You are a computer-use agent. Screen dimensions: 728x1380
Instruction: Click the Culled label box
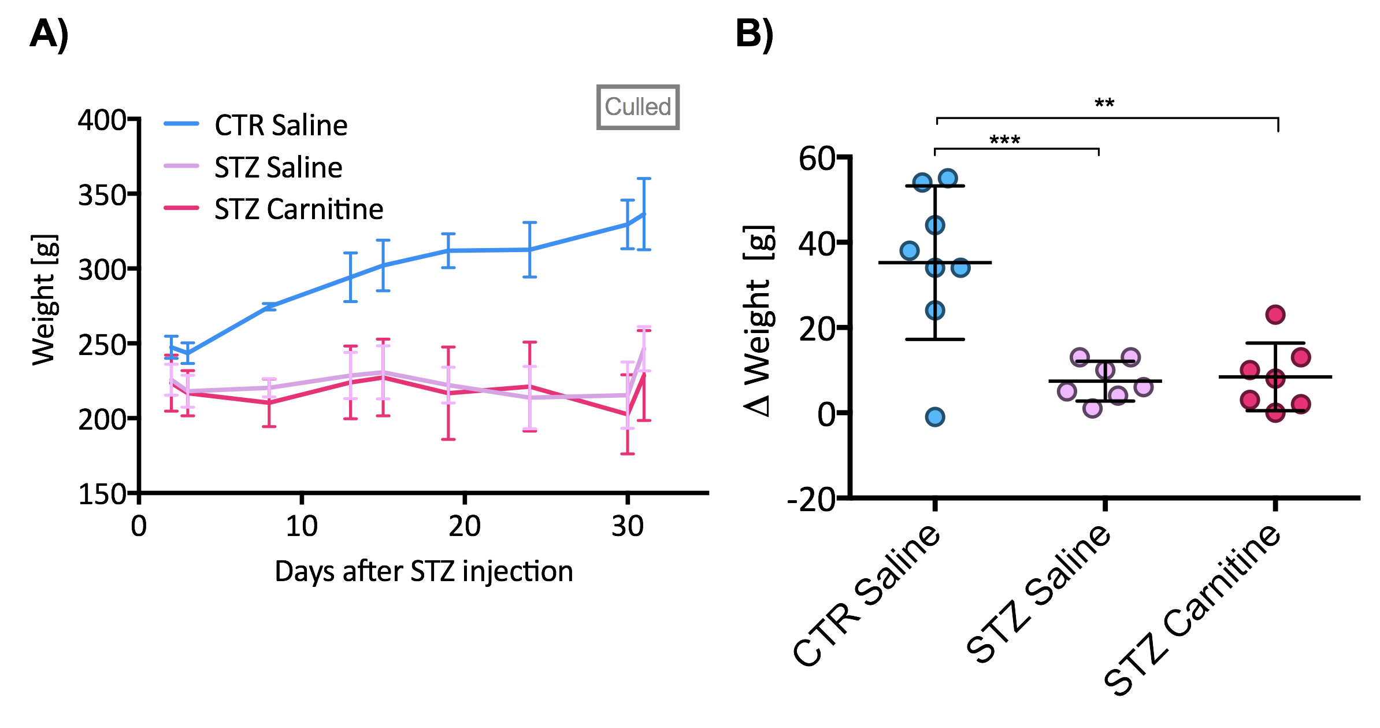[x=638, y=108]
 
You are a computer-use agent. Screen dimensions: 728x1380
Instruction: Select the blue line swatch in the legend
[x=181, y=123]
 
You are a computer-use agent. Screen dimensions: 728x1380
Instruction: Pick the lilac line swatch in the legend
[x=181, y=165]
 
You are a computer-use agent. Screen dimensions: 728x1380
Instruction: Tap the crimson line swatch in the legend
[x=181, y=208]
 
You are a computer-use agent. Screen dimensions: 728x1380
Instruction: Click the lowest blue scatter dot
[x=934, y=417]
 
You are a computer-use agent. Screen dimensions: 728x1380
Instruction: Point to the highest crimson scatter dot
[x=1275, y=315]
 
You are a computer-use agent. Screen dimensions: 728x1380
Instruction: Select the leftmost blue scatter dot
[x=909, y=250]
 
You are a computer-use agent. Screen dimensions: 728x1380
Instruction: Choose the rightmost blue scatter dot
[x=960, y=268]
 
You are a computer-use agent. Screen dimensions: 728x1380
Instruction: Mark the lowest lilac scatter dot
[x=1092, y=409]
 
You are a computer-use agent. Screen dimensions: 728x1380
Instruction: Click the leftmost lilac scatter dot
[x=1067, y=391]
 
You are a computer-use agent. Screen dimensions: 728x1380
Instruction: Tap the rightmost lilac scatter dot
[x=1143, y=387]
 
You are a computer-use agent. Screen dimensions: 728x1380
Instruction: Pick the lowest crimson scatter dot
[x=1275, y=413]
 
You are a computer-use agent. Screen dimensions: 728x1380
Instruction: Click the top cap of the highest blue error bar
[x=644, y=179]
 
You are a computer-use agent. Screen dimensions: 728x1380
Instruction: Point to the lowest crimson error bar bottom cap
[x=628, y=454]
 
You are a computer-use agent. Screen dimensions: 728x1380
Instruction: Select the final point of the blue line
[x=644, y=215]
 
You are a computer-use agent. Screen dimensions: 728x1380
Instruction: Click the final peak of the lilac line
[x=644, y=348]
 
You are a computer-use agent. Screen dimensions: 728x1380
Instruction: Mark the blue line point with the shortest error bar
[x=269, y=306]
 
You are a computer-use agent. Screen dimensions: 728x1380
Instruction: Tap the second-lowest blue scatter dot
[x=934, y=311]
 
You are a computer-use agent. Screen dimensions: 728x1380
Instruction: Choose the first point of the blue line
[x=171, y=347]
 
